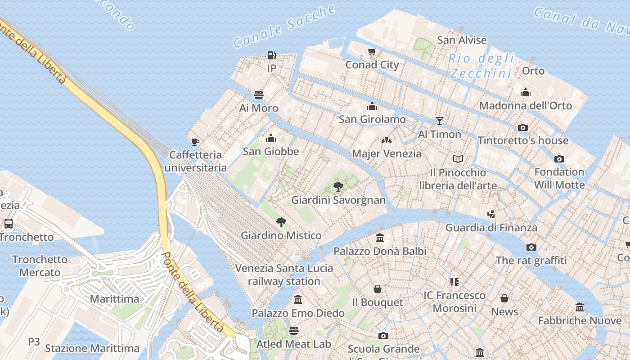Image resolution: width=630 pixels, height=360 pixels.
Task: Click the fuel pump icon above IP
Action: pos(271,55)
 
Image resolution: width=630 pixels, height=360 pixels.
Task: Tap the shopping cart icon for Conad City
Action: pos(372,52)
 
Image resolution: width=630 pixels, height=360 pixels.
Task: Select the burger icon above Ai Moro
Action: pos(259,95)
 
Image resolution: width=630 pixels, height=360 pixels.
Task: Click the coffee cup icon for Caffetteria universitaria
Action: pos(195,142)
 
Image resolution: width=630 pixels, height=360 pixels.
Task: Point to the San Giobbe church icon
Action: pos(271,138)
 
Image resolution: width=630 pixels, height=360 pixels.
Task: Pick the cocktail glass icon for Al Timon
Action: pos(440,121)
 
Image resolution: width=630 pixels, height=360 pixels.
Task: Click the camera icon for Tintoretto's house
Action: pos(523,127)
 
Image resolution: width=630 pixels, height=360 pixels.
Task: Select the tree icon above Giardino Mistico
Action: pos(281,222)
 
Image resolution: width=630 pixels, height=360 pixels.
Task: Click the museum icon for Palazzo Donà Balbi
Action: pos(380,238)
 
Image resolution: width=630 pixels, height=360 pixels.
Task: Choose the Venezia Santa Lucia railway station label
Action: pos(284,274)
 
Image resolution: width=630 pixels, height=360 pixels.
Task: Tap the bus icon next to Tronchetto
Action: pos(8,224)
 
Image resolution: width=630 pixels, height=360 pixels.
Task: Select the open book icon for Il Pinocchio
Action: pos(458,159)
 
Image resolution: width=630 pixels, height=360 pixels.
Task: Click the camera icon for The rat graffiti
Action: pos(531,247)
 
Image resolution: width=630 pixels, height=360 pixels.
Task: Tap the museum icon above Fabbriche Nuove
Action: pos(580,307)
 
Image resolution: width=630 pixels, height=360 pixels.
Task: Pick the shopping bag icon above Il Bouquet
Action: pos(378,289)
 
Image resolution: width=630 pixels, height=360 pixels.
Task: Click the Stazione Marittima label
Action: pos(92,348)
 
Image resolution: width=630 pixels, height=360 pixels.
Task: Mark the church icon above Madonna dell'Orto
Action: pos(526,93)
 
